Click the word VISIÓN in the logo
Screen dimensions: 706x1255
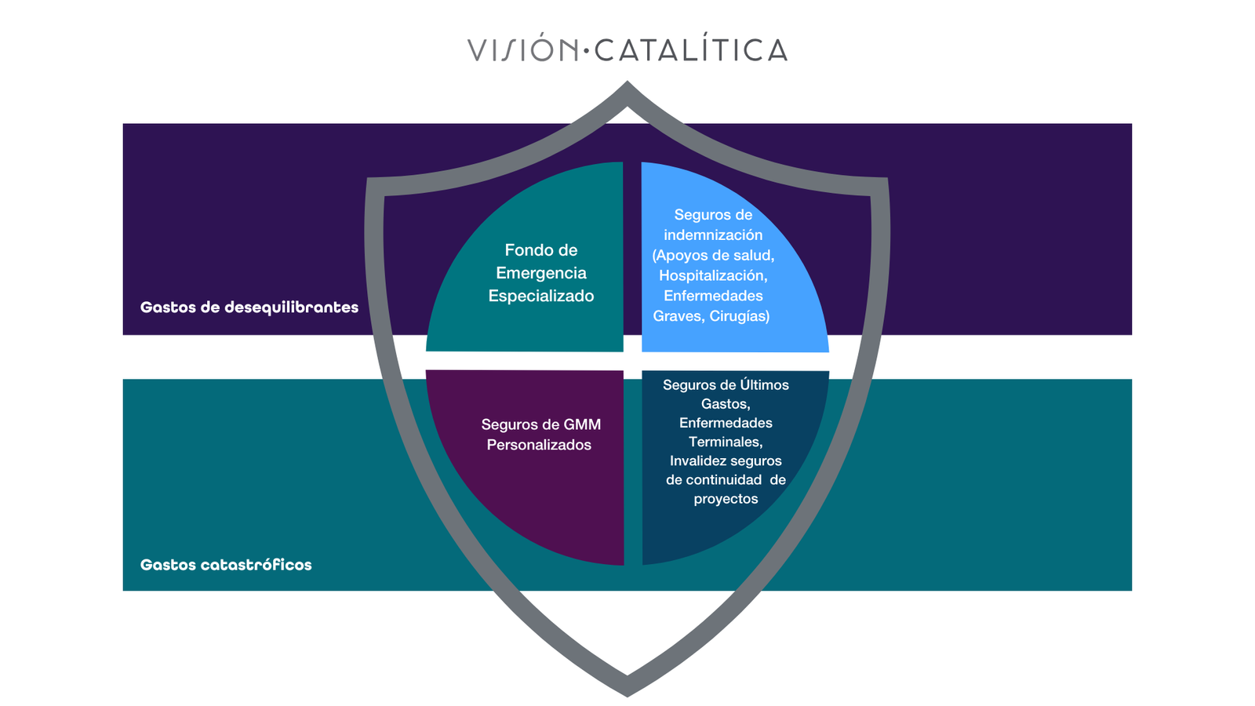(522, 50)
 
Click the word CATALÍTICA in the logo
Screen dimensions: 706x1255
(691, 50)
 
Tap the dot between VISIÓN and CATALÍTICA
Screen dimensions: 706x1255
(586, 52)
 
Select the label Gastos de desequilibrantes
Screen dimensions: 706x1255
(249, 308)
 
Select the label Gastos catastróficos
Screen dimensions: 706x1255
(226, 565)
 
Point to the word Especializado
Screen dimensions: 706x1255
(541, 296)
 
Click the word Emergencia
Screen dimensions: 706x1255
(541, 273)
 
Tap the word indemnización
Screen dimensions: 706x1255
(713, 235)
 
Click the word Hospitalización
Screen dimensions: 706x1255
(712, 275)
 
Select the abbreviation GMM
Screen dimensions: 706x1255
(582, 424)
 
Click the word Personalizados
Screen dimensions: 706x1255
(539, 445)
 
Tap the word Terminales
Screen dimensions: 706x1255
(726, 442)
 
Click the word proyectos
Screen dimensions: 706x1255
(726, 499)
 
